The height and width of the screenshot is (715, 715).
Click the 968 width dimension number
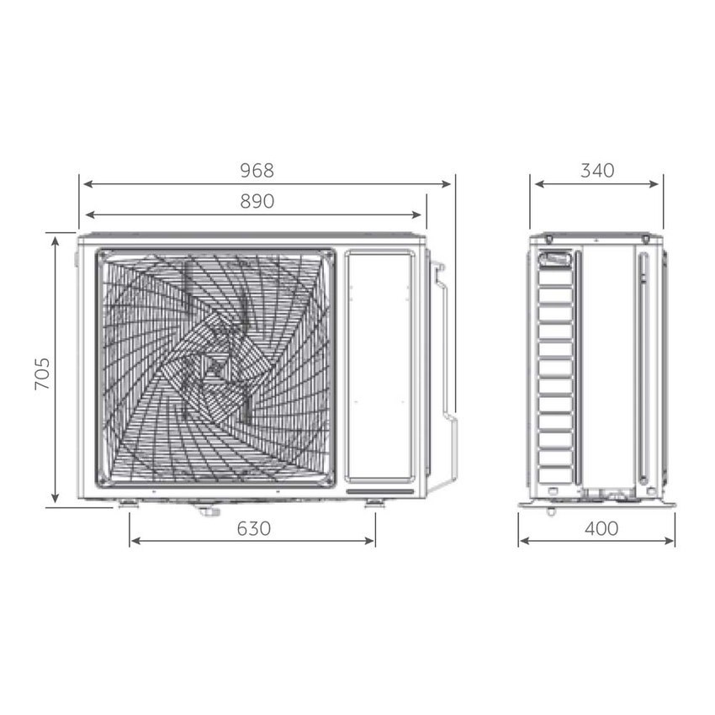click(x=257, y=171)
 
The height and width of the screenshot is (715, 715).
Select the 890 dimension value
click(x=257, y=202)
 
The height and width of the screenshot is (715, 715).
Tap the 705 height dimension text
click(x=43, y=373)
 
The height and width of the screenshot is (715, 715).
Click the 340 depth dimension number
click(x=597, y=171)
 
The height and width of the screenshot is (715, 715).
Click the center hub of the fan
click(x=215, y=367)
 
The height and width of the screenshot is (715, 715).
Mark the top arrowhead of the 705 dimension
click(x=56, y=240)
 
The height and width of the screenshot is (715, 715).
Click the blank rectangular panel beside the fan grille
click(x=379, y=365)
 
